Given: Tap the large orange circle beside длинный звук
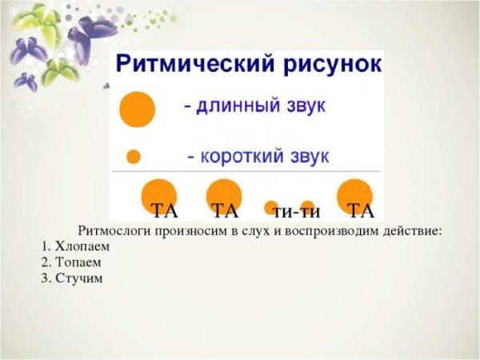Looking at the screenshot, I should pyautogui.click(x=136, y=110).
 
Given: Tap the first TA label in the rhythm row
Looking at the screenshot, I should pyautogui.click(x=164, y=212).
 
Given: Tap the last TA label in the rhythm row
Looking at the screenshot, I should pyautogui.click(x=362, y=212).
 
